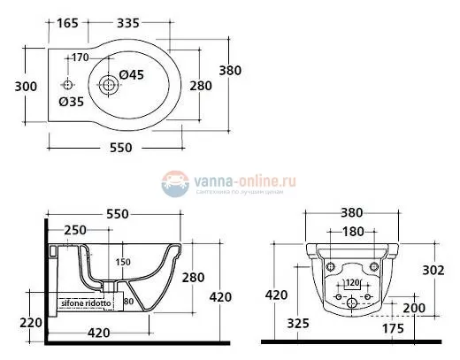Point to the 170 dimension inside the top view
pyautogui.click(x=80, y=58)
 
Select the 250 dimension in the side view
pyautogui.click(x=75, y=231)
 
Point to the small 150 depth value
pyautogui.click(x=124, y=261)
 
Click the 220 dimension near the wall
pyautogui.click(x=31, y=322)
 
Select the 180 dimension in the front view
pyautogui.click(x=352, y=231)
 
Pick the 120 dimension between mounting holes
pyautogui.click(x=352, y=283)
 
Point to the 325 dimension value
pyautogui.click(x=298, y=325)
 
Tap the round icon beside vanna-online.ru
pyautogui.click(x=174, y=183)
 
